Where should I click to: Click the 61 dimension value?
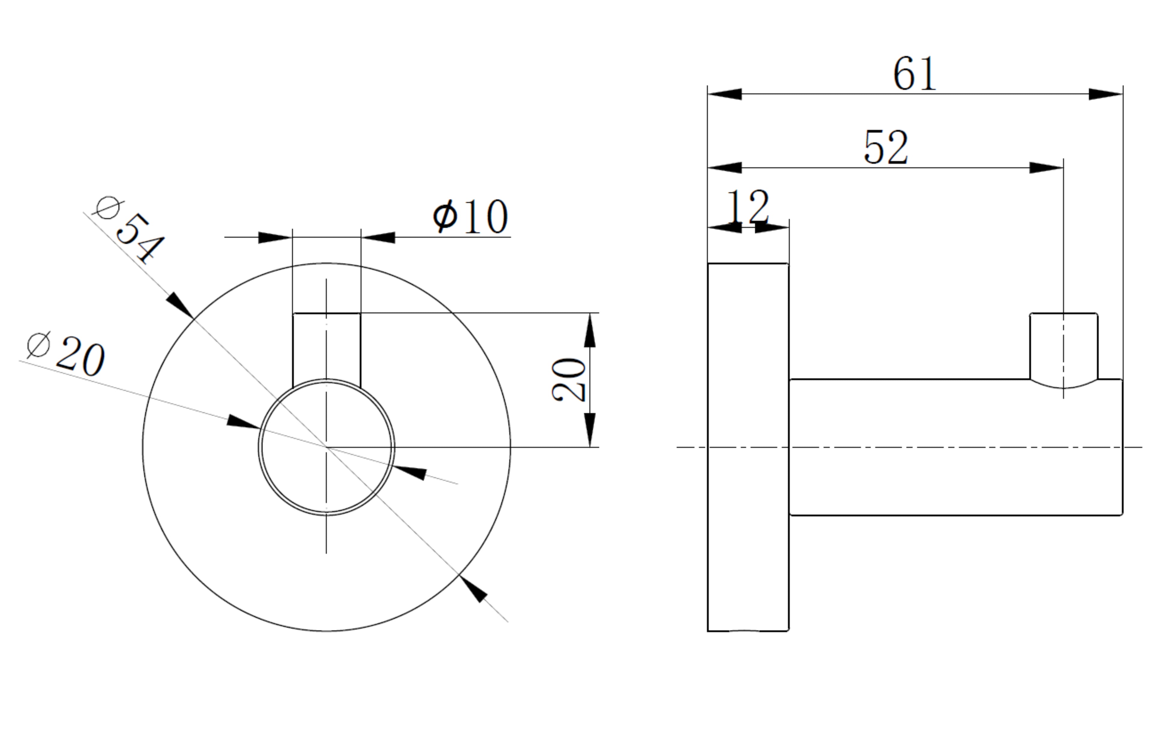914,74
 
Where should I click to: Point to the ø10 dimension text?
471,217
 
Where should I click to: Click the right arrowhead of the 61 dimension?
1105,94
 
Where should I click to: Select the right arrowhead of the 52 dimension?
1046,168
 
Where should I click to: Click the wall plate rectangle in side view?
748,447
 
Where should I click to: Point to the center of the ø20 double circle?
327,447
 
